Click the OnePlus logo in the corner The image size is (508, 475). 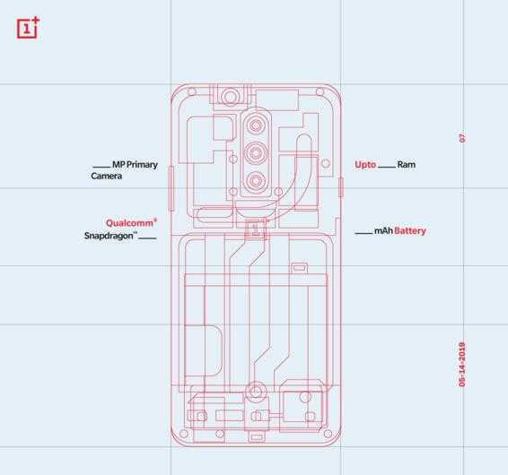28,29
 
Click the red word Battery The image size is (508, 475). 410,231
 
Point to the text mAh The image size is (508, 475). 383,231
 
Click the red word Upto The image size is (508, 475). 365,165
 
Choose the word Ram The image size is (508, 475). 406,165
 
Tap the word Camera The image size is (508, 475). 106,177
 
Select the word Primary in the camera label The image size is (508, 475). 142,165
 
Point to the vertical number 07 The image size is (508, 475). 462,138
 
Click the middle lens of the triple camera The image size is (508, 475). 256,151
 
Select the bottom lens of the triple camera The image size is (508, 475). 256,181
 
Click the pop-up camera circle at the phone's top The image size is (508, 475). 231,95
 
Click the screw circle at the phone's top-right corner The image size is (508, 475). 319,91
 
